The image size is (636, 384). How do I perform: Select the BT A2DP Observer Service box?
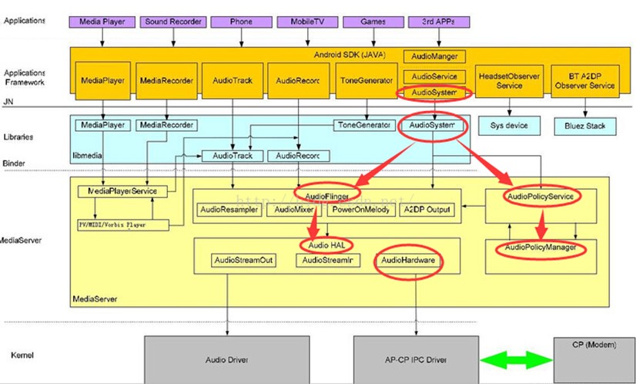point(584,81)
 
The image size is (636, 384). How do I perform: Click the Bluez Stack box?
point(584,124)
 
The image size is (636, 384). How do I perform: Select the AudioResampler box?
point(229,209)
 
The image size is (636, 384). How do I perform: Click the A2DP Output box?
point(428,209)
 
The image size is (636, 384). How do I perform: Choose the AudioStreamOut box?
point(243,261)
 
